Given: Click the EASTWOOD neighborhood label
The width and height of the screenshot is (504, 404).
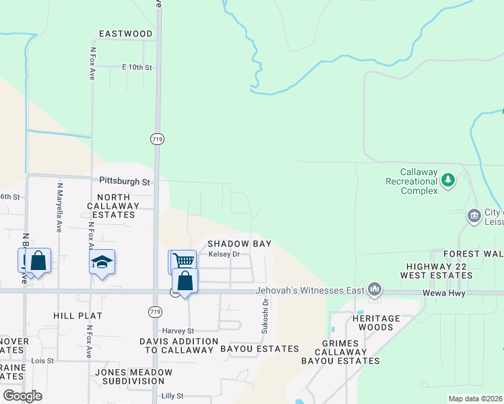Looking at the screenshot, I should coord(125,34).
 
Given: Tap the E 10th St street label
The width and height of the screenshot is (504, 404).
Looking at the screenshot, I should coord(137,67).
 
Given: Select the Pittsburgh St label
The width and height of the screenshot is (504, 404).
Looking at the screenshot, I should coord(124,182).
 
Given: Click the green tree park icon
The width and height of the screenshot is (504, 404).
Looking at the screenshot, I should coord(447,180).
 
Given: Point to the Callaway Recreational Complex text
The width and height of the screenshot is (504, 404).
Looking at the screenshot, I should coord(410,181).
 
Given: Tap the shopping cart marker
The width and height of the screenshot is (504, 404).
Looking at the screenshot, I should coord(182,261).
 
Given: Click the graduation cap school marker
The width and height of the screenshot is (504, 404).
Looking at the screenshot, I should coord(102,261).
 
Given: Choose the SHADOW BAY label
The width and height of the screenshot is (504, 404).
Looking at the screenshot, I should coord(239,243).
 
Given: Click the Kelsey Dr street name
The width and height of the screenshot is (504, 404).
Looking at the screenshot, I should coord(224,254).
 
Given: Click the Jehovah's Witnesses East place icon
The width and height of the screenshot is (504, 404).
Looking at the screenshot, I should coord(375,290).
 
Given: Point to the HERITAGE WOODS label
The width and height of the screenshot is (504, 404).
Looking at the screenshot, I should coord(376,323).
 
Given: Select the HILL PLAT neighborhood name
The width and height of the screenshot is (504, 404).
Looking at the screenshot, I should coord(77,315).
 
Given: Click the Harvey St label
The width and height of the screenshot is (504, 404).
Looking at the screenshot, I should coord(178,331).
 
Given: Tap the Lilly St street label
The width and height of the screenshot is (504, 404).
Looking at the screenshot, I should coord(172,396).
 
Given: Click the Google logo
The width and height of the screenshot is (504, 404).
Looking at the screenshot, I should coord(22,395).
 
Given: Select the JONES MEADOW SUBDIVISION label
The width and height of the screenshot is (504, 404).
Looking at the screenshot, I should coord(133,376).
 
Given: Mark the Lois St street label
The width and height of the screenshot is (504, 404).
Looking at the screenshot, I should coord(42,361).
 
